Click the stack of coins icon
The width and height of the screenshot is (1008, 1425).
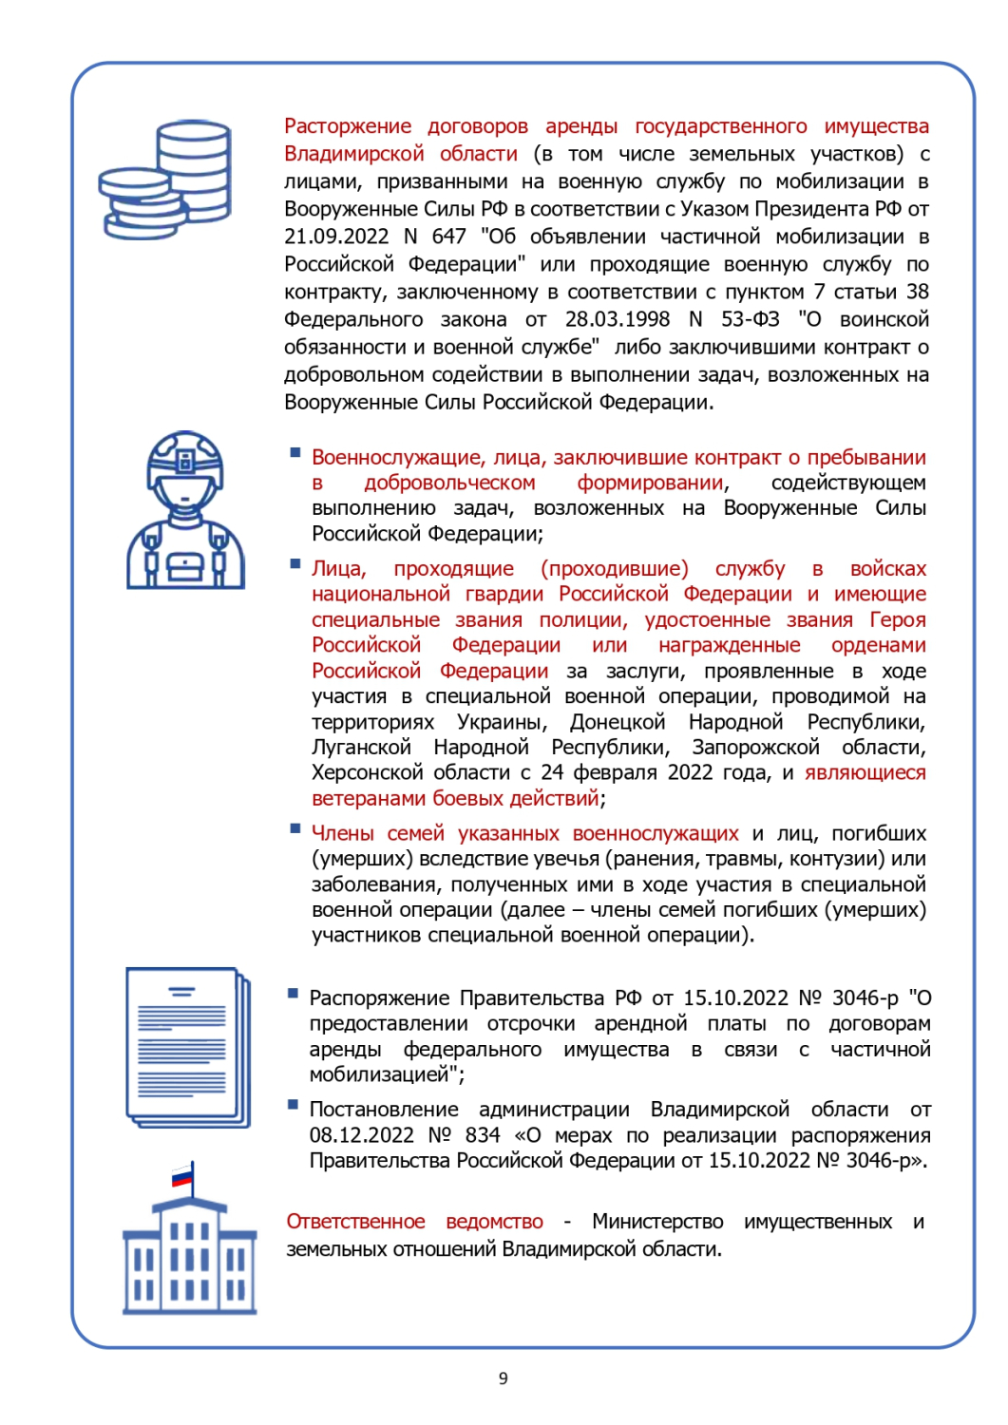coord(166,180)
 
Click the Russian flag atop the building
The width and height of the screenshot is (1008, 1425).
coord(182,1178)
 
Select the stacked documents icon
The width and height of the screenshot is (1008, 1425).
coord(187,1047)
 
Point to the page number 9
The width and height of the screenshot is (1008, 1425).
coord(504,1378)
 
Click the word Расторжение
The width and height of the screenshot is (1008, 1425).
coord(348,126)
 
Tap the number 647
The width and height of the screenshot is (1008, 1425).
coord(448,237)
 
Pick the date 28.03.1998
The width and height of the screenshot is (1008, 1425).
coord(617,319)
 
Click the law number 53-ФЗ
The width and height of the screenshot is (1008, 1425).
coord(750,319)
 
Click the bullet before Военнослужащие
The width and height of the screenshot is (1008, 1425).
coord(295,453)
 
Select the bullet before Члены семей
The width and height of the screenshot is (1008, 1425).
coord(295,829)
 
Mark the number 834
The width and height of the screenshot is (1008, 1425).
coord(483,1135)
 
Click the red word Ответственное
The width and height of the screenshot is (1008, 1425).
coord(355,1222)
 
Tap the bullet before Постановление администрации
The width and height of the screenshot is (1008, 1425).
coord(294,1105)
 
